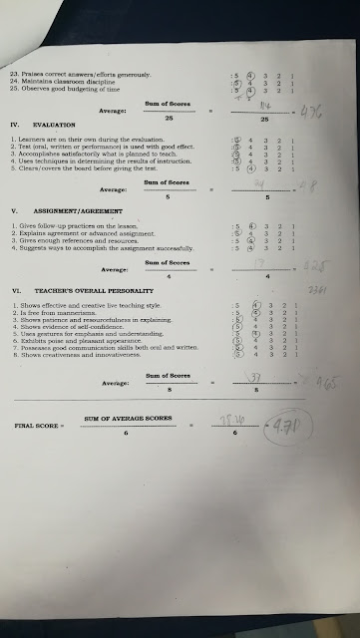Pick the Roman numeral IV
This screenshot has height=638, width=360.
pos(14,123)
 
